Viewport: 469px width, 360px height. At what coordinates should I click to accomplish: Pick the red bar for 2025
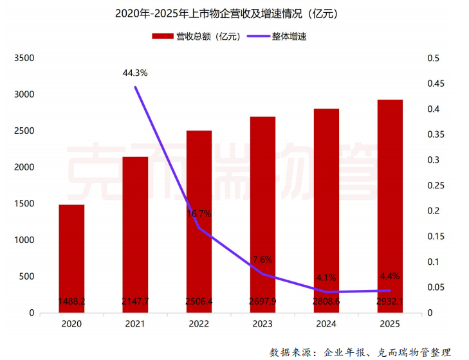point(389,206)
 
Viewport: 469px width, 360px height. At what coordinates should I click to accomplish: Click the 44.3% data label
point(135,73)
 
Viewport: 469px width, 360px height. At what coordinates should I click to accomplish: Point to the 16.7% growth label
point(199,213)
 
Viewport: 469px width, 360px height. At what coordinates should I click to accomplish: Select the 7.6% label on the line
point(262,260)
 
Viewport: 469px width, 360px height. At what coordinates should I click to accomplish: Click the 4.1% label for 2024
point(326,278)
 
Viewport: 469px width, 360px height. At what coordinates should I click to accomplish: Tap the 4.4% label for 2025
point(390,276)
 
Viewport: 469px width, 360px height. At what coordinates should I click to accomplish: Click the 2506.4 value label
point(199,301)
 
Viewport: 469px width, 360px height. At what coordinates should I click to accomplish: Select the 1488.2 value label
point(71,301)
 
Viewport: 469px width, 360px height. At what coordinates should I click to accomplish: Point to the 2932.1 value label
point(389,301)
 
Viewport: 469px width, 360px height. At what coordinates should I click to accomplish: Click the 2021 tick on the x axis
point(135,325)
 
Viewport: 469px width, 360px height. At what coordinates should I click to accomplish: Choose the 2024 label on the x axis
point(326,325)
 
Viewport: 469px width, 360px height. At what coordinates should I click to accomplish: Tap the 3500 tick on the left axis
point(23,59)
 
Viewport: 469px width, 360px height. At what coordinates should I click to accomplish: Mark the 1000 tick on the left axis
point(23,240)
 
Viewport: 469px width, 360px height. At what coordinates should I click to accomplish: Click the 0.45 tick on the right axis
point(436,84)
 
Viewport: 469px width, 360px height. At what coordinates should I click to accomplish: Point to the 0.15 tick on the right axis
point(436,236)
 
